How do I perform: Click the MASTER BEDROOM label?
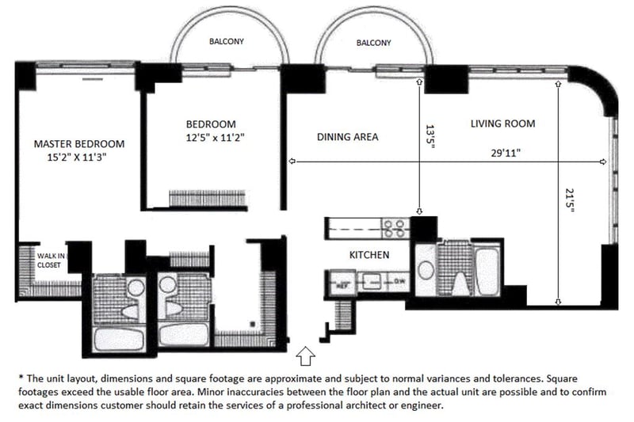[x=79, y=144]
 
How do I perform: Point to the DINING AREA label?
[x=347, y=137]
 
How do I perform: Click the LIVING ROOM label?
[x=502, y=124]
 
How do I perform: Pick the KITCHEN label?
[x=369, y=255]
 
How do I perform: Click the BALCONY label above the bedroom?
[x=226, y=42]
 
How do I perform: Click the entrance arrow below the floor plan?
[x=306, y=352]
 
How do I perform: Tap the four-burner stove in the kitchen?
[x=395, y=229]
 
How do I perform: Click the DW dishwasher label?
[x=399, y=279]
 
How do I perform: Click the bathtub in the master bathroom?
[x=119, y=339]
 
